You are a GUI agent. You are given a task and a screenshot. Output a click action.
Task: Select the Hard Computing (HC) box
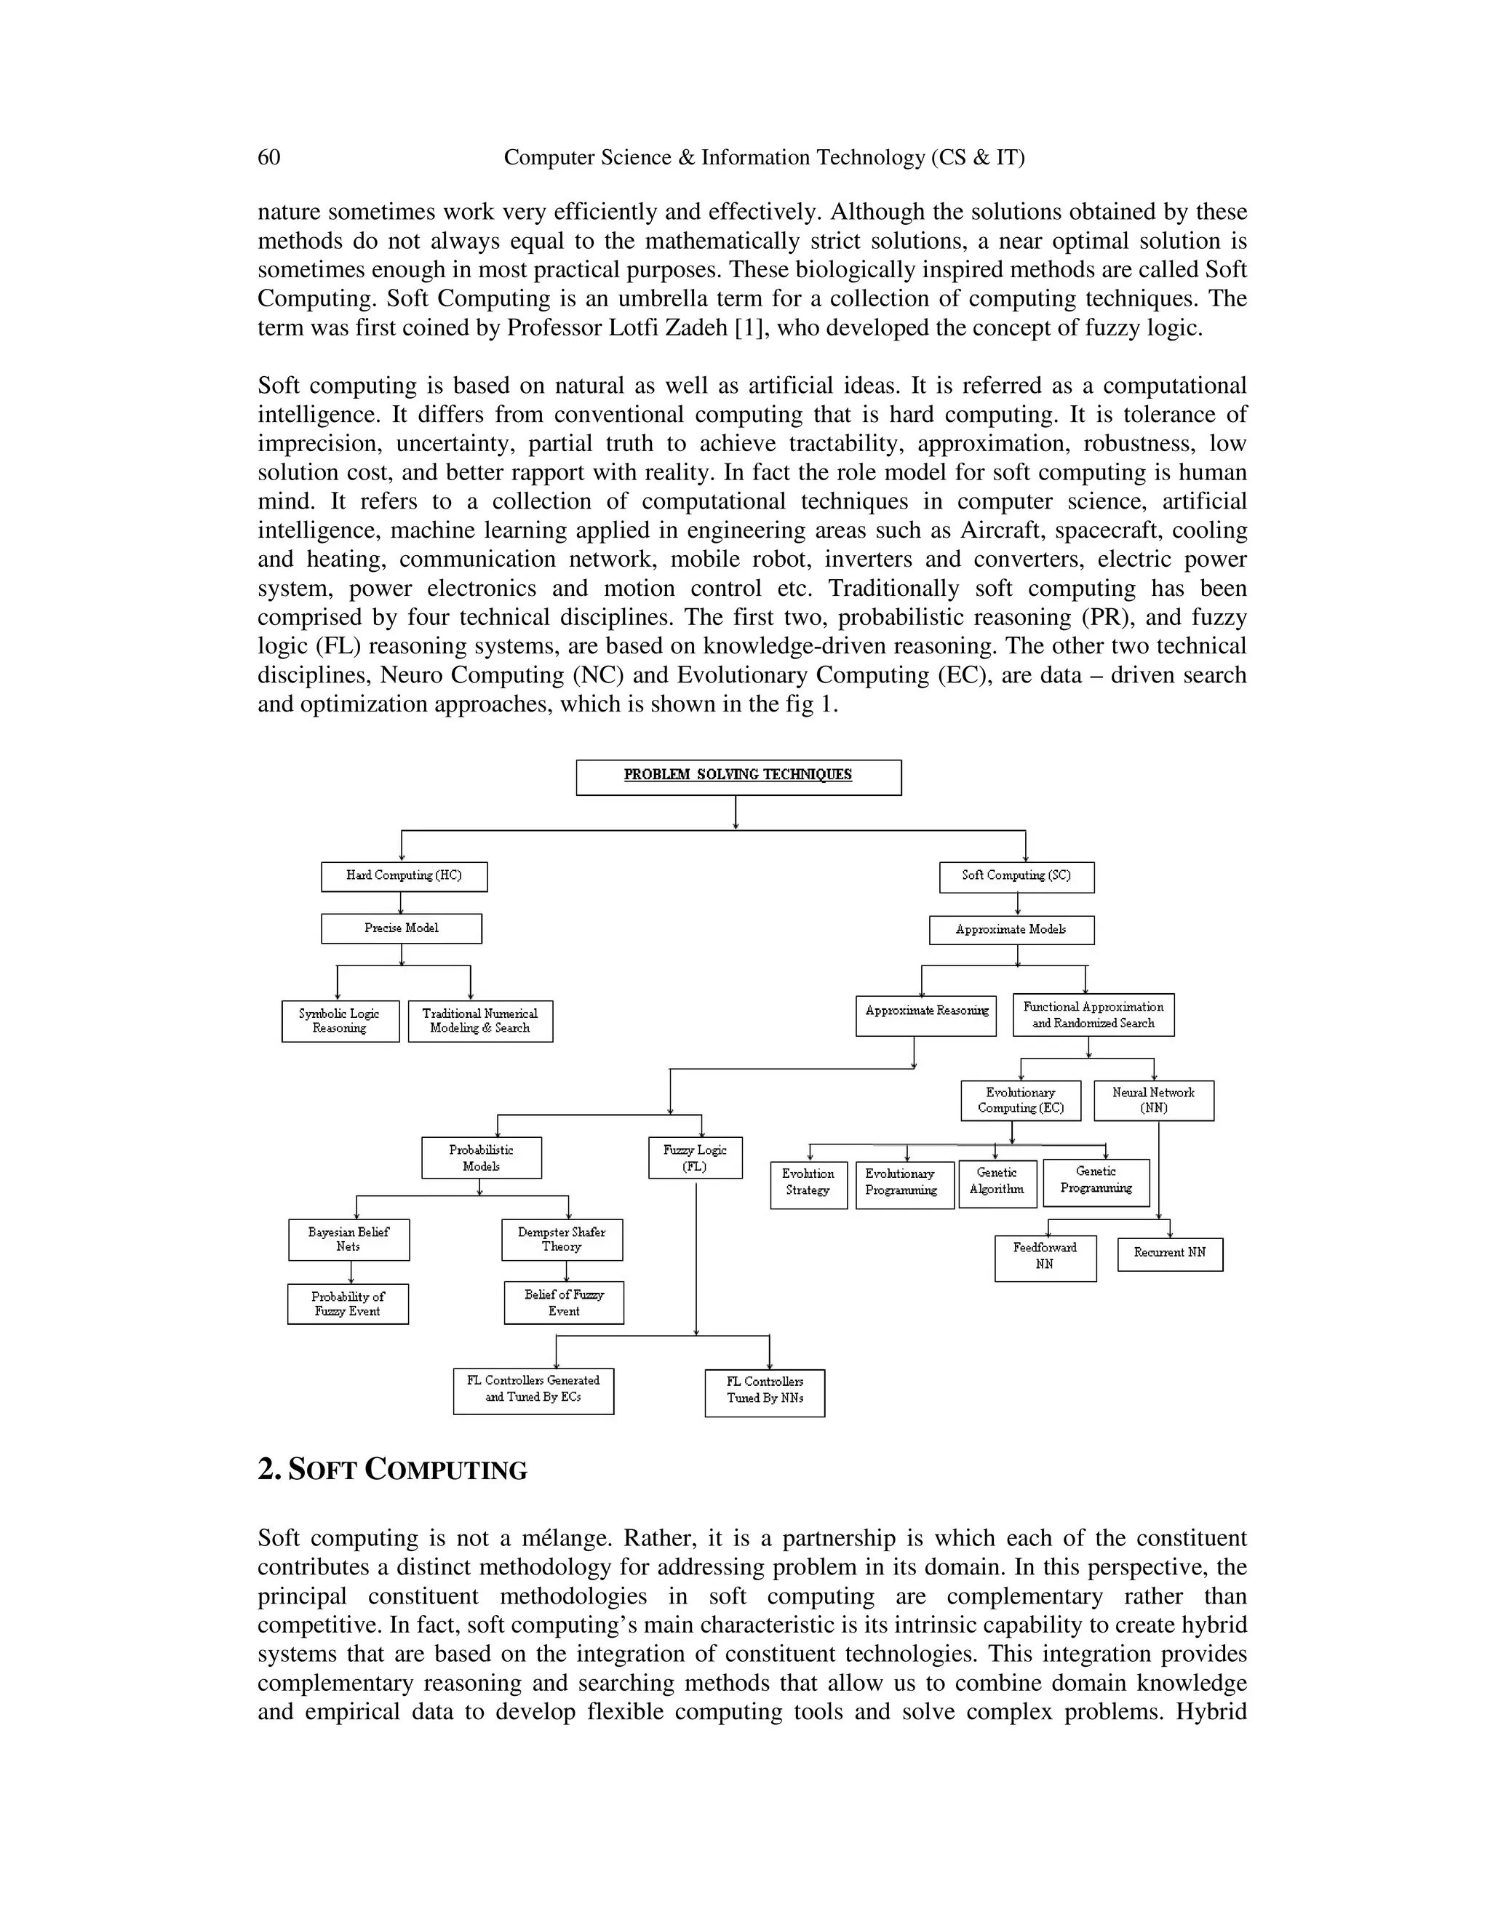(x=403, y=877)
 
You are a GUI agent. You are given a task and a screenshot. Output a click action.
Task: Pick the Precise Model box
(x=401, y=928)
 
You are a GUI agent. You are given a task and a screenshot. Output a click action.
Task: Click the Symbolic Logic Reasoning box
(x=340, y=1021)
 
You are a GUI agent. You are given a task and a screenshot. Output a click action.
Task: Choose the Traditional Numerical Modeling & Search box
(x=480, y=1021)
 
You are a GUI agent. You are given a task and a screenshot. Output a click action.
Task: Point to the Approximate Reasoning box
(x=926, y=1013)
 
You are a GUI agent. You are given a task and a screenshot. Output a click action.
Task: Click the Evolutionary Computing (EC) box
(x=1021, y=1101)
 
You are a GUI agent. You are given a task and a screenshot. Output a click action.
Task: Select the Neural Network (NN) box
(x=1154, y=1101)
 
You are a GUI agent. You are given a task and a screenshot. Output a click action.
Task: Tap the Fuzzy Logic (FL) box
(x=695, y=1158)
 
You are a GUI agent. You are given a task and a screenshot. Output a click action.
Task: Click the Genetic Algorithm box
(x=997, y=1183)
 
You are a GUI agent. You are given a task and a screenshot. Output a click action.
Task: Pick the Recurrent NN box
(x=1170, y=1254)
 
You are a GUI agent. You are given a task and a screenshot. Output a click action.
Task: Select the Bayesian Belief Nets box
(x=348, y=1240)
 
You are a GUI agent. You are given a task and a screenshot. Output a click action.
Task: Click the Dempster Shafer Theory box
(x=562, y=1240)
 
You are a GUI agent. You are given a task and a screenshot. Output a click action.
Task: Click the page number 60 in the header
(x=268, y=157)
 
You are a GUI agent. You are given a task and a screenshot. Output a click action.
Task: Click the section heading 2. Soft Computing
(x=392, y=1470)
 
